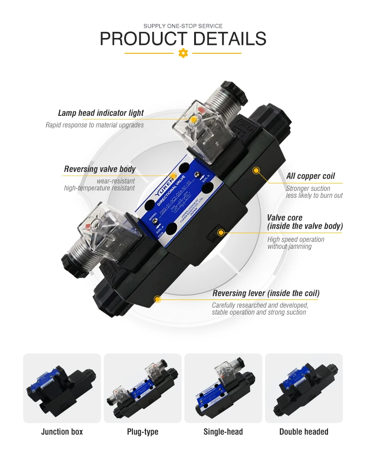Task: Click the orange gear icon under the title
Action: (183, 53)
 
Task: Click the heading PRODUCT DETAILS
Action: (183, 39)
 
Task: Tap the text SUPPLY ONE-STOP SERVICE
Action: (183, 26)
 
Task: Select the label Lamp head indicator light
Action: (101, 113)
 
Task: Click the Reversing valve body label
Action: (100, 169)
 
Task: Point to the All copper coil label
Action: (310, 176)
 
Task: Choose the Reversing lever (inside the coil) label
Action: (266, 293)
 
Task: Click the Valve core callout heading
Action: (305, 222)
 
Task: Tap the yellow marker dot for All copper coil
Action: (255, 171)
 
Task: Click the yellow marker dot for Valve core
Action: (221, 232)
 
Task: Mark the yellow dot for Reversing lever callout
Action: (157, 299)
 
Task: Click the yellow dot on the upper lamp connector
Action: (193, 119)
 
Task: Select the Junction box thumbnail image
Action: (62, 388)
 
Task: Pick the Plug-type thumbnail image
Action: (143, 388)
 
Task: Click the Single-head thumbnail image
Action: (223, 388)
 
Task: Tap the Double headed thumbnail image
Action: (304, 388)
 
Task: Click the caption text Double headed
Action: (304, 432)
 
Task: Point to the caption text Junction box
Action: (62, 432)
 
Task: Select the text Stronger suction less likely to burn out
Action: (314, 192)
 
